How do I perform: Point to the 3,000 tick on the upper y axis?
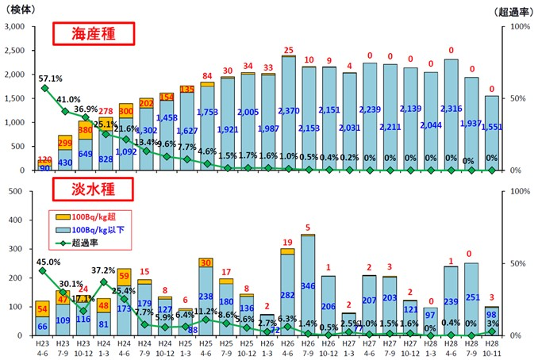pos(16,27)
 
